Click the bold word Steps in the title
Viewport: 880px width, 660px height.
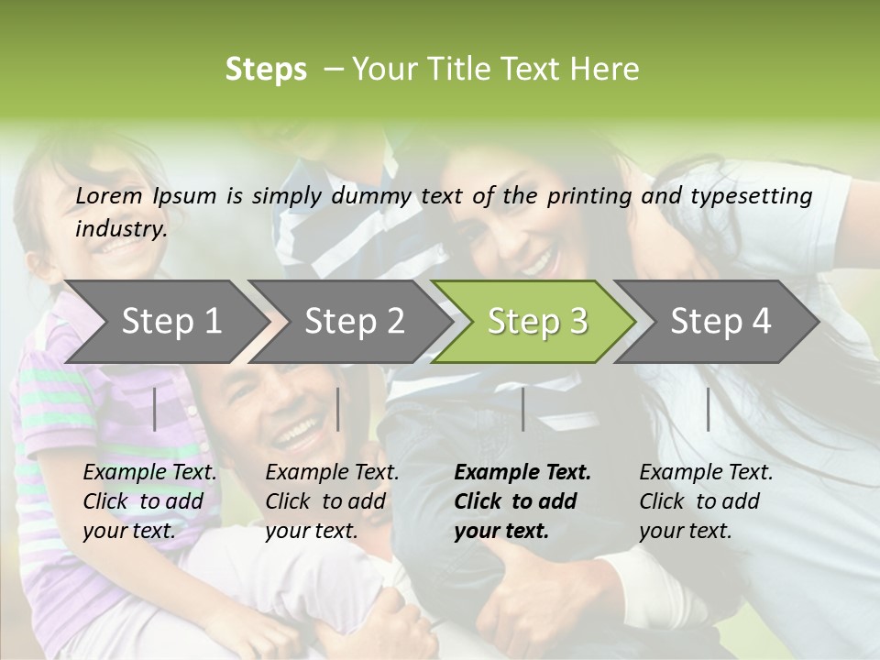pos(266,70)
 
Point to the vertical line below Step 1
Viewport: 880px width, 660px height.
pos(155,409)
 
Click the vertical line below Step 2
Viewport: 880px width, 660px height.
pos(338,409)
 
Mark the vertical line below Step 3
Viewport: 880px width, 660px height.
pos(522,409)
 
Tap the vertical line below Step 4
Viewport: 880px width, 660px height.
pos(708,409)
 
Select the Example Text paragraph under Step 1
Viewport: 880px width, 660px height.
pos(149,501)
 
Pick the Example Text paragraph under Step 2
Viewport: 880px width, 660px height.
pos(332,501)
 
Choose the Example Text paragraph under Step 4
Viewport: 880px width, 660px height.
pos(706,501)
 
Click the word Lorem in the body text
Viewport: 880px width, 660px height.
pos(108,196)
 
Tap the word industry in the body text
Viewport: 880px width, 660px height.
pos(120,229)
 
